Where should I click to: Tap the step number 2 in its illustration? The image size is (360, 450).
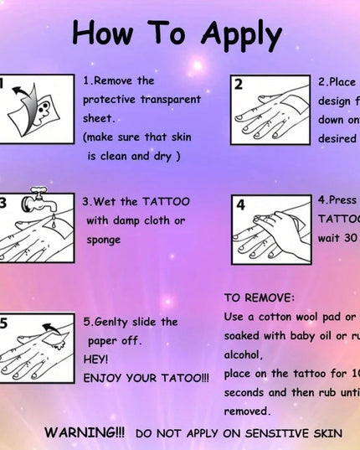coord(239,84)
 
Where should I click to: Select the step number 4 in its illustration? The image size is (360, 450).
coord(240,204)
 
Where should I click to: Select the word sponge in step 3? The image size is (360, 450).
coord(104,240)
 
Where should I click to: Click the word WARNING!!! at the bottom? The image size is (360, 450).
coord(85,432)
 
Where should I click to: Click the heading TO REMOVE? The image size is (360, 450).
coord(259,297)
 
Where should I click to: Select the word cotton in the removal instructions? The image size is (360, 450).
coord(282,317)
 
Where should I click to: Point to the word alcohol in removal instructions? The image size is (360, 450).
coord(242,354)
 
